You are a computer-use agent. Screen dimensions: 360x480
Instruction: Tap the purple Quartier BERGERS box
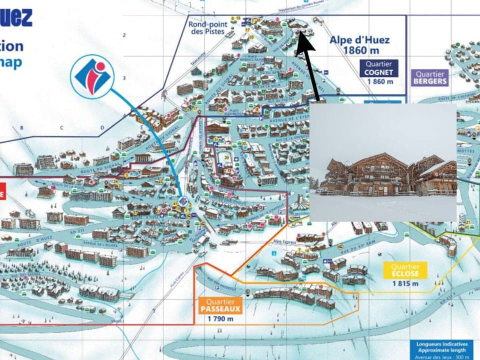tap(429, 77)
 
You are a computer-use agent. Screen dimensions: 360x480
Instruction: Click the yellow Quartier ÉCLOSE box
tap(405, 270)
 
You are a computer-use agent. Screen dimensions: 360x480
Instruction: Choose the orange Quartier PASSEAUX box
tap(220, 305)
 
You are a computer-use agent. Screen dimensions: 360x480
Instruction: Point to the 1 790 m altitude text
tap(220, 319)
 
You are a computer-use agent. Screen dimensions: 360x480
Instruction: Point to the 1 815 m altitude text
tap(405, 283)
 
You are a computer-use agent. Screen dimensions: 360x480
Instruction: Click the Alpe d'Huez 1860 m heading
tap(358, 45)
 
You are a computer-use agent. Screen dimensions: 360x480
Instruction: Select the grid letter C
tap(62, 128)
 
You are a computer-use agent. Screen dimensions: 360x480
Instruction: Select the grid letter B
tap(21, 128)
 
